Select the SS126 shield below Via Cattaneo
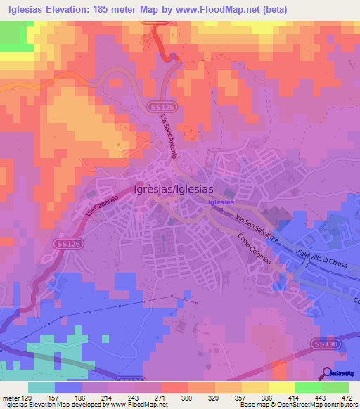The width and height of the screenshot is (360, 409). (61, 242)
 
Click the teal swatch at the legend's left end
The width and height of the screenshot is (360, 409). (41, 387)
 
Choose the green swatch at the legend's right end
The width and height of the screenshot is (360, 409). (334, 387)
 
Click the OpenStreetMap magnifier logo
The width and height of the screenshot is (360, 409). (328, 373)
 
